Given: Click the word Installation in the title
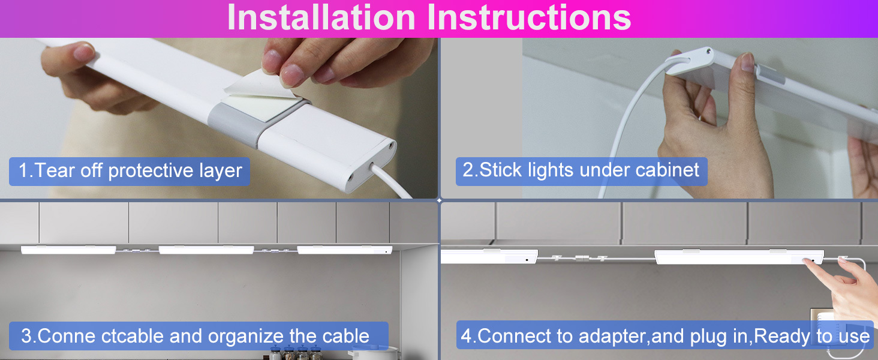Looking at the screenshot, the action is (x=321, y=17).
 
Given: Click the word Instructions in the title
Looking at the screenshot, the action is (x=529, y=17).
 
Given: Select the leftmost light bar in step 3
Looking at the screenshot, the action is (x=68, y=250).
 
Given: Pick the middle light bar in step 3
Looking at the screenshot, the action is (x=206, y=250).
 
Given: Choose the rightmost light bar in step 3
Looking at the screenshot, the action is (x=344, y=250).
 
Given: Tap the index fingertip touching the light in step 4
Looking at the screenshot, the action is (x=807, y=262).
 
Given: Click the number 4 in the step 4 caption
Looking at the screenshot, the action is (x=466, y=336).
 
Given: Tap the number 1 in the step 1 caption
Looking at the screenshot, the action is (x=23, y=170).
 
